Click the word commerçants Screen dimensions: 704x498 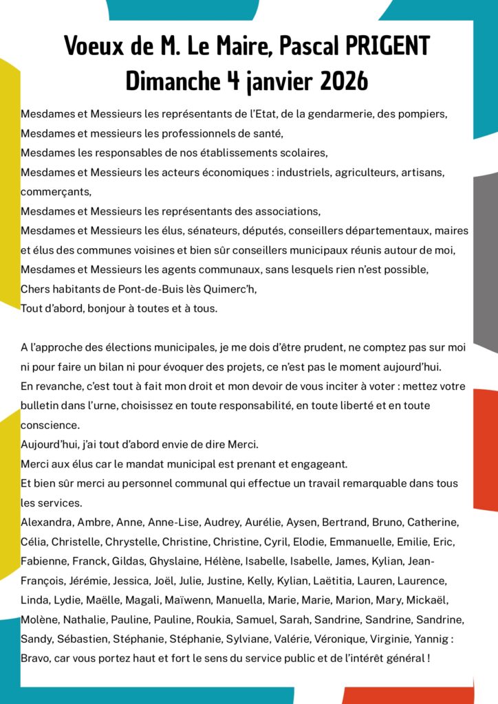56,191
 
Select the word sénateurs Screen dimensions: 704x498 199,230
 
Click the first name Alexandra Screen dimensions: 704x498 46,522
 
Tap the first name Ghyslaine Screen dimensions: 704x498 155,561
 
